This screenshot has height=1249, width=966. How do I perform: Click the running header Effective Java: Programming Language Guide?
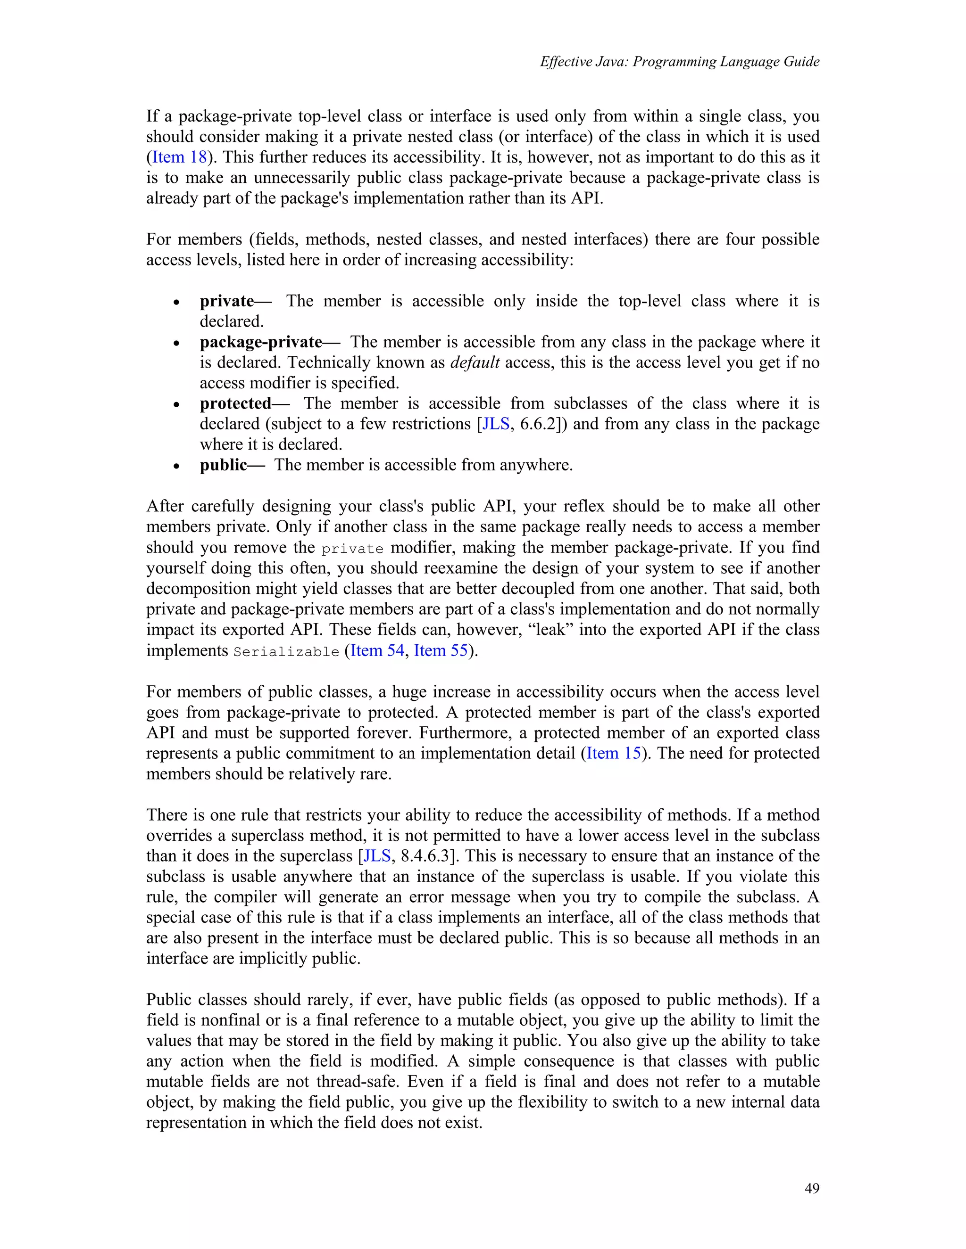679,62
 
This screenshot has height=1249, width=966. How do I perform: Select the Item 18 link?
179,157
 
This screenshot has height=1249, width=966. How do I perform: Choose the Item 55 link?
441,650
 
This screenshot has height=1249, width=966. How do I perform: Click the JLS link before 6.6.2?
496,424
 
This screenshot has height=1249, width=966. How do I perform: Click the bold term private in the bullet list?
226,301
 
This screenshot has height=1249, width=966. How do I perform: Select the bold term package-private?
261,342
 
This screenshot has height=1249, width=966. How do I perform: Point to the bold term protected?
235,403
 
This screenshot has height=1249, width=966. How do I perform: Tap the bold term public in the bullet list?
223,465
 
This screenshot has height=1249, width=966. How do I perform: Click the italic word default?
475,362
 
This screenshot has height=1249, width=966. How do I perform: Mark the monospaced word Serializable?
286,651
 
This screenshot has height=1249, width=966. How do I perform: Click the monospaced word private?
352,549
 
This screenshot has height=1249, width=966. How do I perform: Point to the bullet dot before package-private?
177,343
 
